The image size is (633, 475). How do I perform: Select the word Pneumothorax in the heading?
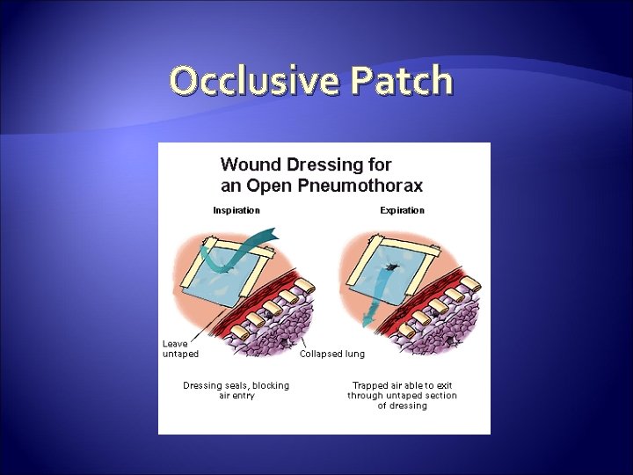pyautogui.click(x=360, y=186)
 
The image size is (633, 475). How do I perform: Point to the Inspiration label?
pyautogui.click(x=236, y=210)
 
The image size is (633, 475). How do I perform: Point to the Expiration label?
pyautogui.click(x=402, y=210)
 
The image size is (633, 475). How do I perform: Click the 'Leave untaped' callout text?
pyautogui.click(x=180, y=348)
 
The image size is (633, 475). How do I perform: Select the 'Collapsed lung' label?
pyautogui.click(x=332, y=354)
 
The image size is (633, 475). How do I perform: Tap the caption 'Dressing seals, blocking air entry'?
pyautogui.click(x=236, y=391)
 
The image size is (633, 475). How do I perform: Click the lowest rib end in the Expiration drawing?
pyautogui.click(x=405, y=332)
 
